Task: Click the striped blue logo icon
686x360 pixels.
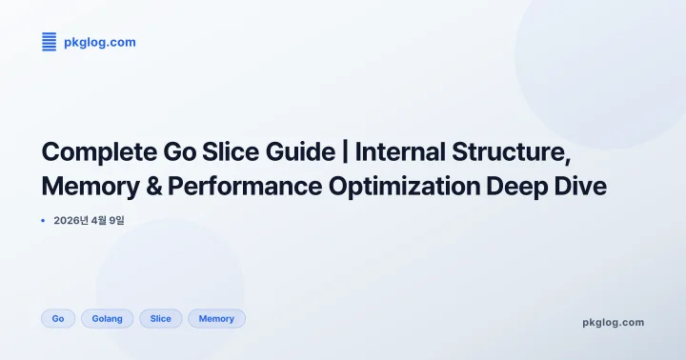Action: coord(50,41)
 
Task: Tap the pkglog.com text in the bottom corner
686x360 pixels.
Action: coord(613,322)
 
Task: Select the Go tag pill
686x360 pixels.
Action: coord(58,318)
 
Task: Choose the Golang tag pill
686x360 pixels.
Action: coord(107,318)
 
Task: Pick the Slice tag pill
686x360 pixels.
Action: coord(160,318)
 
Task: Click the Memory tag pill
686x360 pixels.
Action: coord(216,318)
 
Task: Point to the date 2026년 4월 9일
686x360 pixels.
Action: coord(90,220)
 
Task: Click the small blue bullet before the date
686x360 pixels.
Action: coord(43,220)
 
